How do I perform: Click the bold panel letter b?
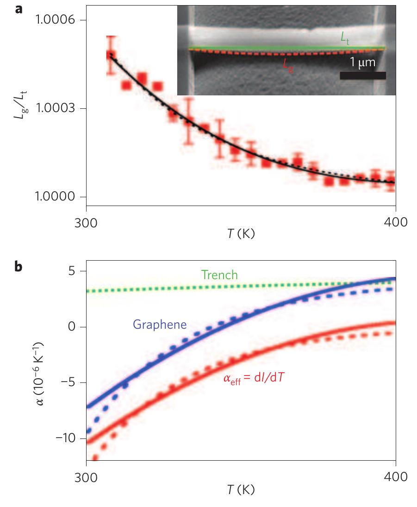tap(19, 267)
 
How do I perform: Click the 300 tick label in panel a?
tap(86, 222)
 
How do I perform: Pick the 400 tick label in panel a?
tap(394, 222)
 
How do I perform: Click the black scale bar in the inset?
tap(363, 75)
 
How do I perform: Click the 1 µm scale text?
tap(362, 62)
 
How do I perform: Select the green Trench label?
tap(219, 275)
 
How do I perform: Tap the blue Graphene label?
tap(160, 325)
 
